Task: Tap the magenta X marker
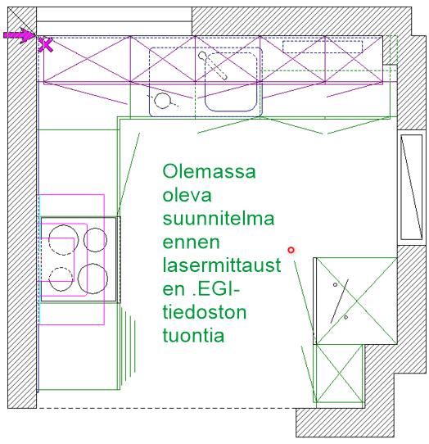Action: (47, 46)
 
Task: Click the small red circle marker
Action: (291, 250)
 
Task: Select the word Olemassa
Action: (210, 172)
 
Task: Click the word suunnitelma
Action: (218, 220)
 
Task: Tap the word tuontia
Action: (192, 336)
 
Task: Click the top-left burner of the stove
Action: (61, 240)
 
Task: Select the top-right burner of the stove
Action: (95, 239)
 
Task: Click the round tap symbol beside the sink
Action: (165, 101)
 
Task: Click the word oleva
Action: (187, 196)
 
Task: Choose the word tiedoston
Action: (205, 312)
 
